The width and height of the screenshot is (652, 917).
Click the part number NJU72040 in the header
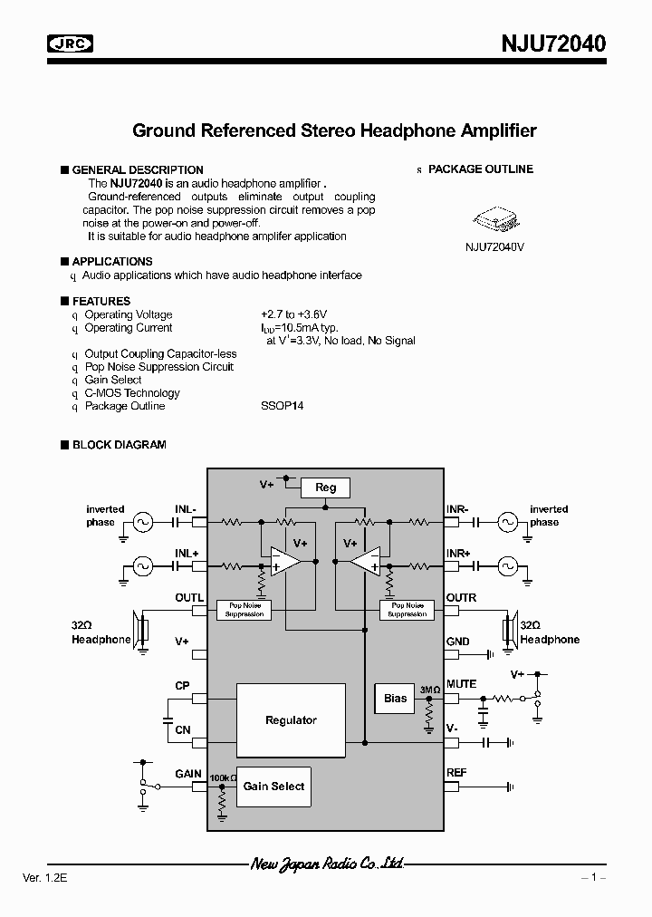click(x=553, y=43)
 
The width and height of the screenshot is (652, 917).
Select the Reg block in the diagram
click(x=325, y=487)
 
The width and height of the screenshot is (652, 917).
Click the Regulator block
click(x=291, y=720)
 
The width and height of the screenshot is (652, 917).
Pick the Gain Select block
click(x=273, y=787)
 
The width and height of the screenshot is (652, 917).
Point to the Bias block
click(x=396, y=699)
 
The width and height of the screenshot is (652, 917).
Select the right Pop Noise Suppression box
click(x=407, y=610)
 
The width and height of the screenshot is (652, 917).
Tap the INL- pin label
click(x=187, y=509)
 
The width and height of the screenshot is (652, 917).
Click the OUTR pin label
click(x=461, y=598)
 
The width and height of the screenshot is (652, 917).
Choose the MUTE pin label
click(x=461, y=684)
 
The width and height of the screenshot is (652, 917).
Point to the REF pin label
click(x=456, y=773)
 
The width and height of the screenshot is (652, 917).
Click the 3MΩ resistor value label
click(x=429, y=690)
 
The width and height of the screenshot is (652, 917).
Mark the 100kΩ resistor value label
click(x=223, y=777)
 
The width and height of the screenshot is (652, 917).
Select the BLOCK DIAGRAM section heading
click(x=119, y=445)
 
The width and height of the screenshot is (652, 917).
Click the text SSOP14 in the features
click(x=282, y=406)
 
